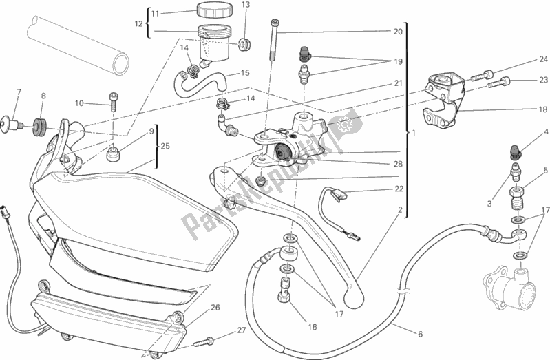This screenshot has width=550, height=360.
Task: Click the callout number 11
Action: [x=155, y=13]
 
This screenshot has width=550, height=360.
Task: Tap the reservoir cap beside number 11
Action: [x=211, y=11]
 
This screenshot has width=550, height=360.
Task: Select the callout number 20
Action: [x=397, y=32]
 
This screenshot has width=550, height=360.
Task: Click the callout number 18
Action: [x=524, y=109]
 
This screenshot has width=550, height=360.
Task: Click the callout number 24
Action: [x=524, y=59]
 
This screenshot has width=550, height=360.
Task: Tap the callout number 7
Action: [x=19, y=92]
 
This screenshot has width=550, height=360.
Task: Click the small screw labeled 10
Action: [x=110, y=103]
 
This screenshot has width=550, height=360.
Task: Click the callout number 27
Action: [x=242, y=330]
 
